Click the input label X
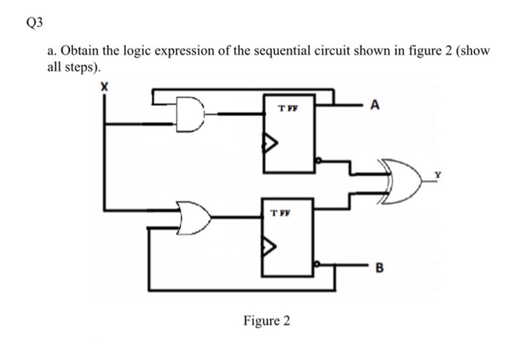104,88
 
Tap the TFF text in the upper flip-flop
287,108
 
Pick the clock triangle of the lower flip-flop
271,246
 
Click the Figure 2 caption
265,321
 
